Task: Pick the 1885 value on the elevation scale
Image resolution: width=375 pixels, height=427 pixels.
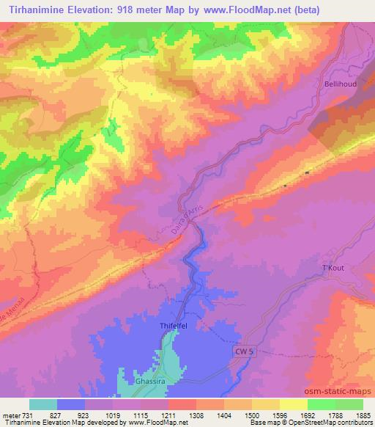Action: pos(363,415)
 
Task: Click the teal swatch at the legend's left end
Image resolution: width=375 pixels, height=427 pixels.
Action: pos(43,404)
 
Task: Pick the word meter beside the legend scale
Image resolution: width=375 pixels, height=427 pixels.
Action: pos(10,415)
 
